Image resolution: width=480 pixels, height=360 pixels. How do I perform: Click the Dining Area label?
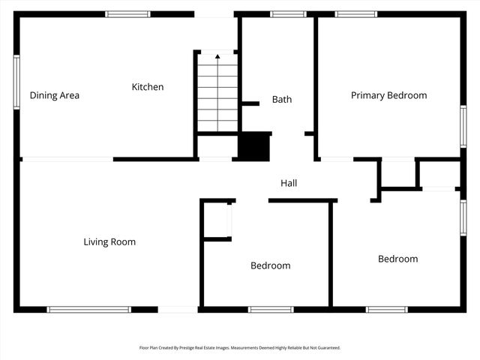(x=54, y=95)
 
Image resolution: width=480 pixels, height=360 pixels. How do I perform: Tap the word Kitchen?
(x=147, y=87)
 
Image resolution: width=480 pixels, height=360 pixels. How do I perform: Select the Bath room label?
(x=282, y=99)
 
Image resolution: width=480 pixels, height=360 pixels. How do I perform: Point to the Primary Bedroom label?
(x=388, y=95)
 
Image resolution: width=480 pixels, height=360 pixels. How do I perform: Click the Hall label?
(x=289, y=183)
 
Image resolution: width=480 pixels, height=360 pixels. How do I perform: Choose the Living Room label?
(x=109, y=241)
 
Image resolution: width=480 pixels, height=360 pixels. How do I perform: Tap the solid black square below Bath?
(x=253, y=145)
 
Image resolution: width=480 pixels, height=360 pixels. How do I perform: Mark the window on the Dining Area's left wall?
(x=16, y=82)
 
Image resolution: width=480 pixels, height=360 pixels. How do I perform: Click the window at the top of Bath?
(x=288, y=13)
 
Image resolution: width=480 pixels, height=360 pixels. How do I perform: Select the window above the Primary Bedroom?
(x=355, y=13)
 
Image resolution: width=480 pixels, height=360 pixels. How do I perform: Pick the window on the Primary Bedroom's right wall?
(x=463, y=126)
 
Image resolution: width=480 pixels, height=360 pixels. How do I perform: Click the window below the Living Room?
(x=88, y=309)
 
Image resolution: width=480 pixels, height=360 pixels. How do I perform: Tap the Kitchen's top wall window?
(x=127, y=13)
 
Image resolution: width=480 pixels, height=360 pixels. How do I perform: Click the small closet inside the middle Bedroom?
(x=218, y=220)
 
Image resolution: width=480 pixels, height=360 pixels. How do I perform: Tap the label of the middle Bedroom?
(x=270, y=265)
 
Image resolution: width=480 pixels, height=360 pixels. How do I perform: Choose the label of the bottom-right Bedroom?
(x=397, y=259)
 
